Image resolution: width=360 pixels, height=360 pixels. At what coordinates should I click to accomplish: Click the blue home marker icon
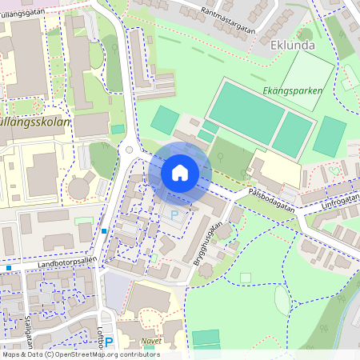pos(180,173)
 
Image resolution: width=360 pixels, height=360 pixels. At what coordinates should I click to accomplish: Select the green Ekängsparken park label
pos(293,91)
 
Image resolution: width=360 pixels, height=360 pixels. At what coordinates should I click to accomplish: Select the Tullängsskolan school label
pos(36,124)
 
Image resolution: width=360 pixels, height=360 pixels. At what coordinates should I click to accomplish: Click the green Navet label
pos(150,340)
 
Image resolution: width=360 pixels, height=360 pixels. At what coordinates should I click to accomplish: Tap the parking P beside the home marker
pos(175,216)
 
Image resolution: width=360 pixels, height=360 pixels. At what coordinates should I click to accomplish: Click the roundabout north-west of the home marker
pos(130,150)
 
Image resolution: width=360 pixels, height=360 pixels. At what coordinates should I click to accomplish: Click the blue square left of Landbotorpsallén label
pos(8,268)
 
